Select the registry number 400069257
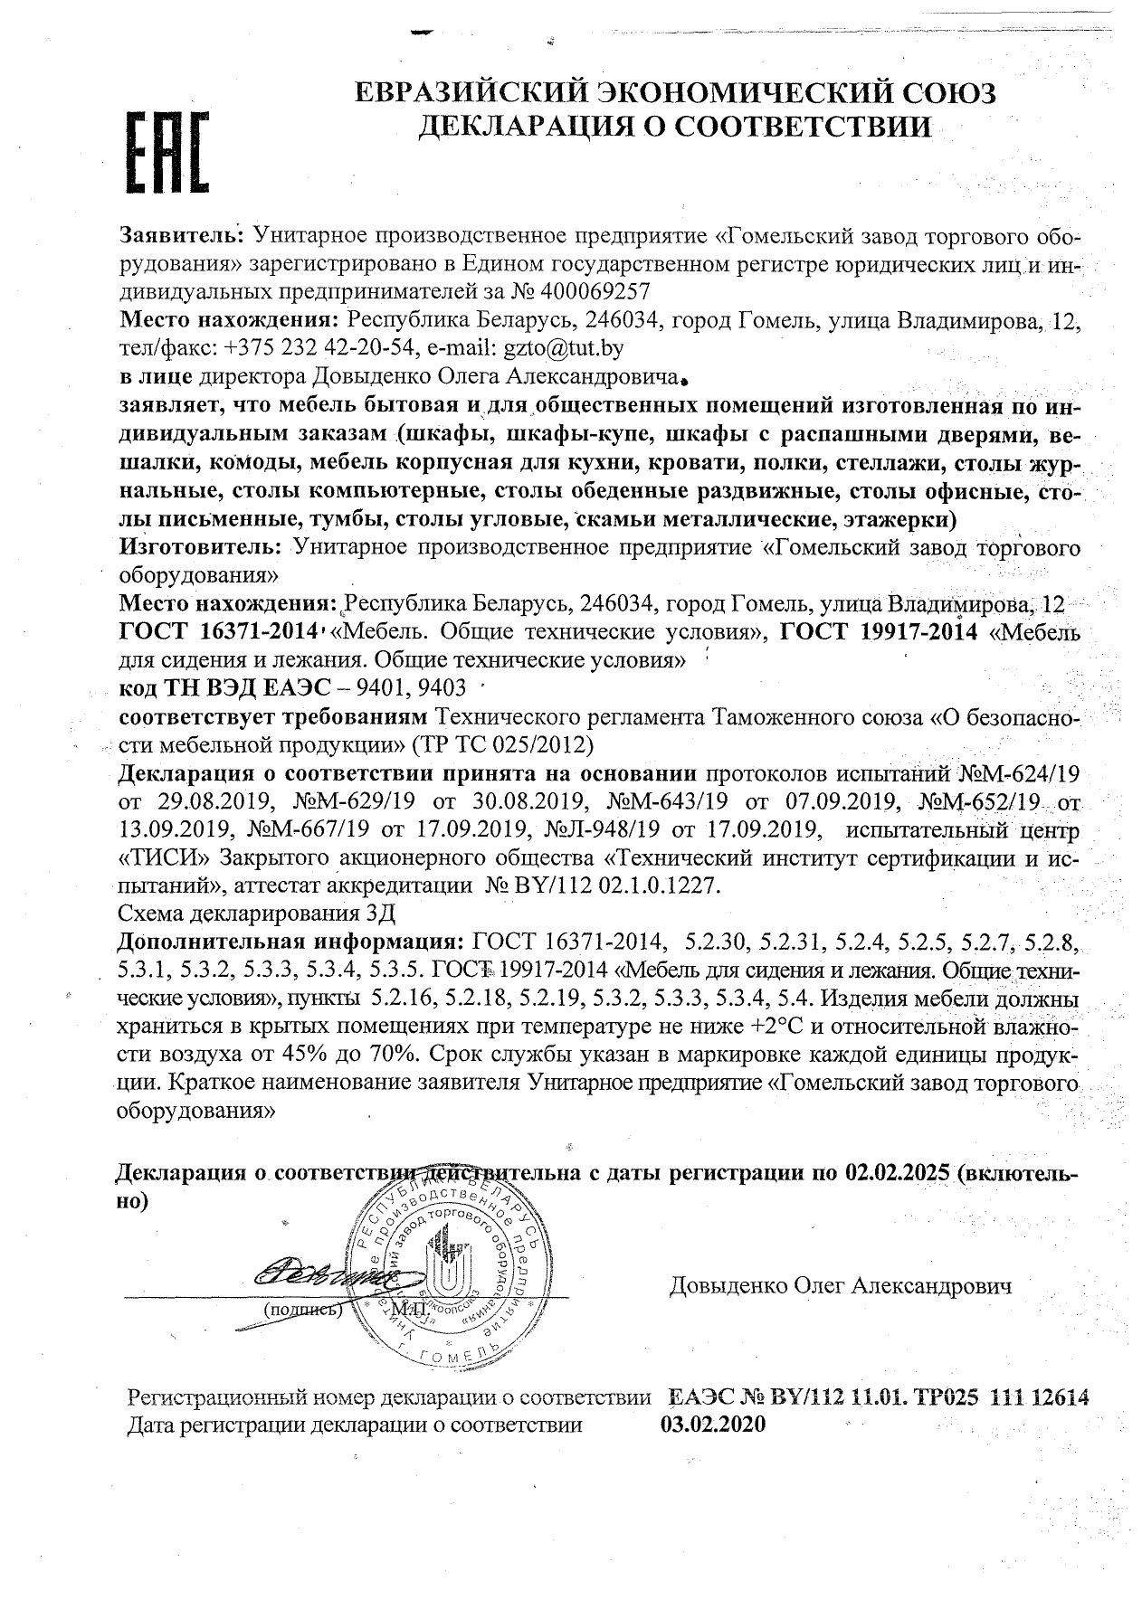pyautogui.click(x=595, y=291)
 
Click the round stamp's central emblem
pyautogui.click(x=443, y=1270)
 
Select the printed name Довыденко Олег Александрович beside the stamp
pyautogui.click(x=840, y=1285)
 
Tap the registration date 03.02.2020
pyautogui.click(x=713, y=1424)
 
